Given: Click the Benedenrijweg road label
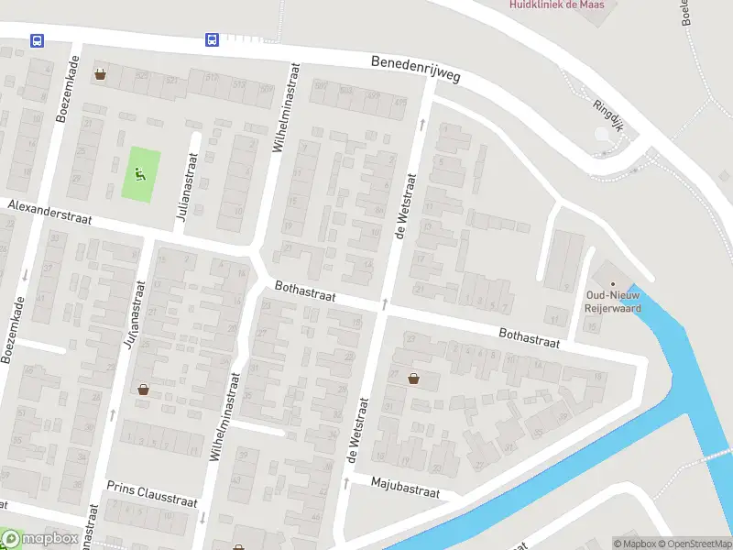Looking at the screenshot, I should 415,70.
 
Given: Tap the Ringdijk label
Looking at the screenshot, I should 607,115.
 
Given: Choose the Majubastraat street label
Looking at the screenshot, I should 405,487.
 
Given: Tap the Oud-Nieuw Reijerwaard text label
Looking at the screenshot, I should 613,302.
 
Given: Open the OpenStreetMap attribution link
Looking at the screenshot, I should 694,544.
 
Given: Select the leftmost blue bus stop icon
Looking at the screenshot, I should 37,40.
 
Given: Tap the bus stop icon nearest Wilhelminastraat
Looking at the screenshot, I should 211,40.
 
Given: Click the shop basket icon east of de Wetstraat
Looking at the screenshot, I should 414,378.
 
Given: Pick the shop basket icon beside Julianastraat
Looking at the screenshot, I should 144,389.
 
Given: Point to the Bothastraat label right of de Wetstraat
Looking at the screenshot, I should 530,337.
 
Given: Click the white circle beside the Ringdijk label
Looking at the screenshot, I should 602,135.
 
